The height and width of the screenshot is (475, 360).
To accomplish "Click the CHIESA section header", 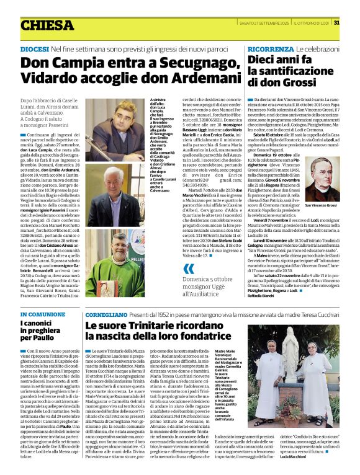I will pyautogui.click(x=47, y=25).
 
